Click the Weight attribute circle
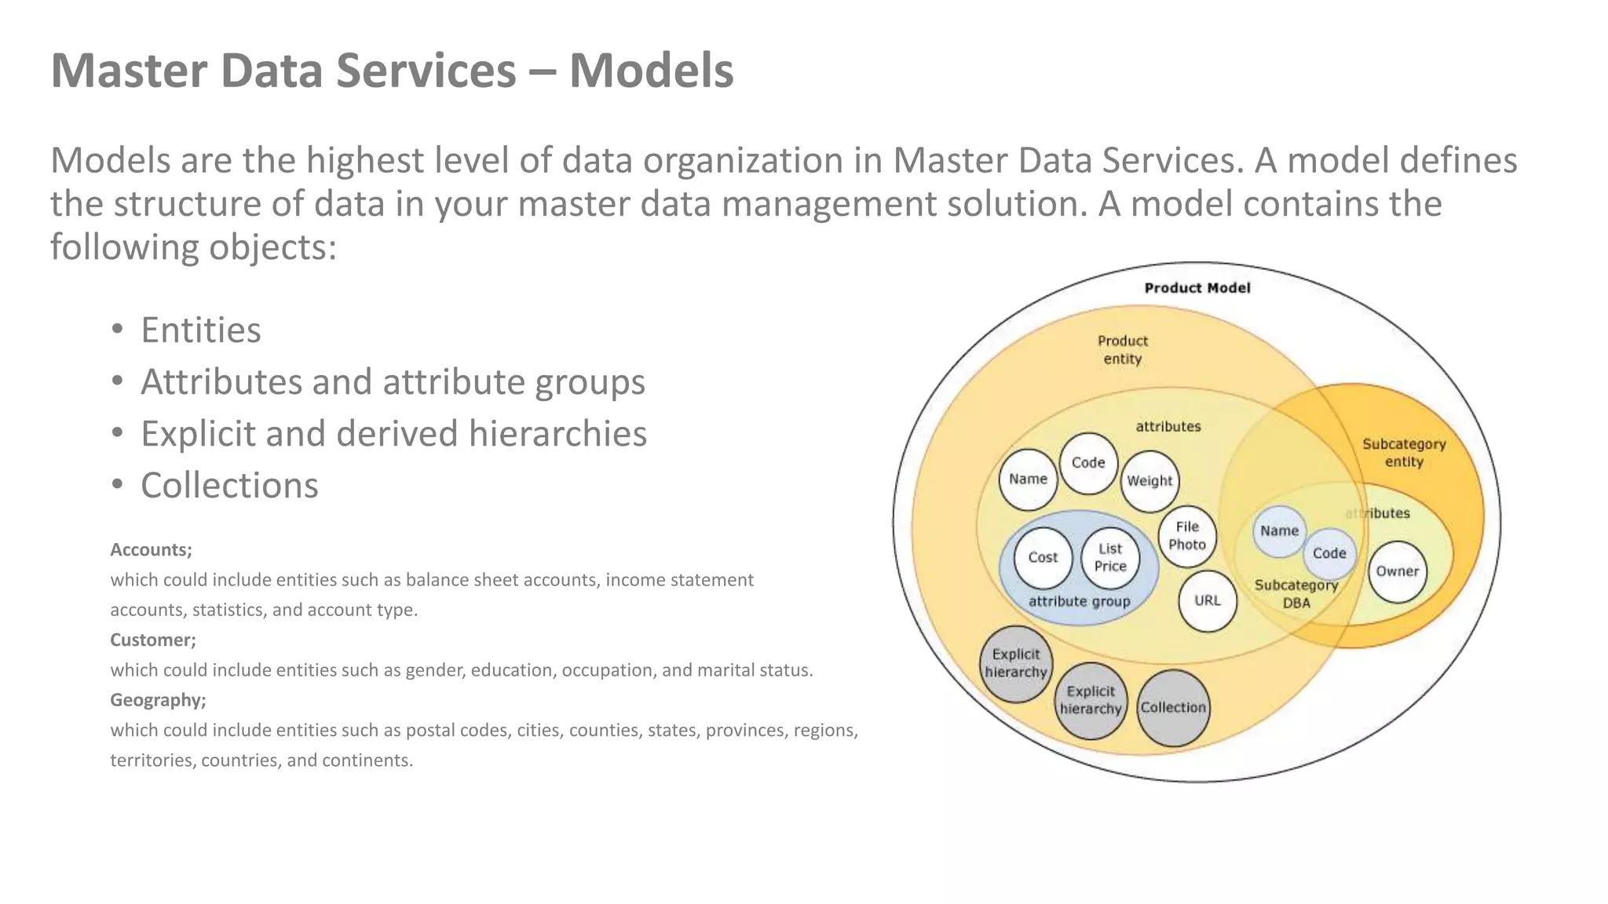pyautogui.click(x=1149, y=481)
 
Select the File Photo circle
pyautogui.click(x=1186, y=536)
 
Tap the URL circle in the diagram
pyautogui.click(x=1207, y=601)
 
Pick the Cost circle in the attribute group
pyautogui.click(x=1043, y=558)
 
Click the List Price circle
pyautogui.click(x=1109, y=558)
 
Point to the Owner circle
pyautogui.click(x=1397, y=572)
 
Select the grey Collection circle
pyautogui.click(x=1173, y=708)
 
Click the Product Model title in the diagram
pyautogui.click(x=1197, y=288)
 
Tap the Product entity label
pyautogui.click(x=1122, y=350)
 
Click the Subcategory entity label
pyautogui.click(x=1404, y=453)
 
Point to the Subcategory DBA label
pyautogui.click(x=1296, y=594)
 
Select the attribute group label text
pyautogui.click(x=1079, y=602)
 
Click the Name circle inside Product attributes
pyautogui.click(x=1028, y=479)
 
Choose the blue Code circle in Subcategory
pyautogui.click(x=1329, y=553)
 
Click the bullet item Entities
pyautogui.click(x=200, y=330)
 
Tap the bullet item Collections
pyautogui.click(x=229, y=486)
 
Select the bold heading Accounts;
pyautogui.click(x=151, y=550)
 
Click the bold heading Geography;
pyautogui.click(x=158, y=700)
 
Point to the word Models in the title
pyautogui.click(x=651, y=71)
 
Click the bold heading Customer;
pyautogui.click(x=153, y=640)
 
